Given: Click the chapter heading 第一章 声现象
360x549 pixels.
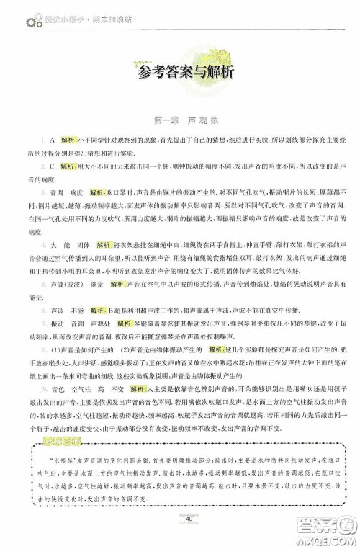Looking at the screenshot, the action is pos(180,119).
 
